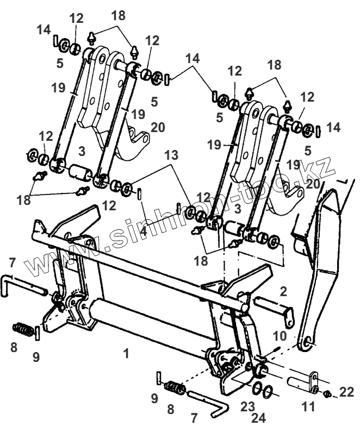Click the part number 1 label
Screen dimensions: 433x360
[126, 354]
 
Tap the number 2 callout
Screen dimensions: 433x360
[283, 291]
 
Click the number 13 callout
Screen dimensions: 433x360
[171, 155]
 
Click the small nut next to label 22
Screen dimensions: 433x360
[327, 392]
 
